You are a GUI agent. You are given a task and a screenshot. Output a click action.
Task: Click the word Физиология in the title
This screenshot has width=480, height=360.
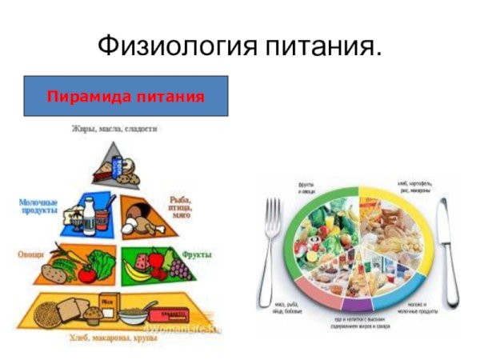point(172,46)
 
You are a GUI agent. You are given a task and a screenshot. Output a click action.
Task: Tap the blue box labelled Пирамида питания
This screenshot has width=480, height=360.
point(126,97)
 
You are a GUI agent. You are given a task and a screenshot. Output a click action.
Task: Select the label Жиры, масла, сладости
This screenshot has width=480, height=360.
point(114,128)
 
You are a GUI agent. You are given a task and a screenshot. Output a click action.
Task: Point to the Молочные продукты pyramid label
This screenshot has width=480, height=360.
point(38,206)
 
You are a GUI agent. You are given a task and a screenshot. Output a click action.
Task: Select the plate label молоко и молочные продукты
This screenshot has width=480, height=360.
point(416,309)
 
